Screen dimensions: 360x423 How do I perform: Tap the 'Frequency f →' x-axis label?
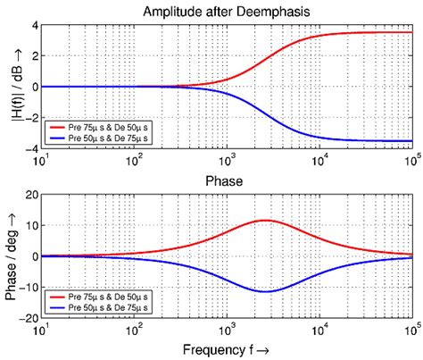(x=229, y=349)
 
